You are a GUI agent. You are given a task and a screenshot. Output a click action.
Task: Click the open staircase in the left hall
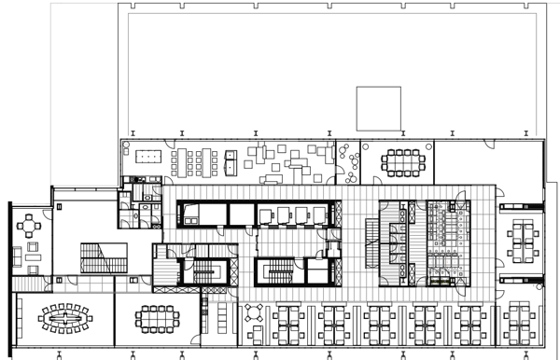tap(101, 256)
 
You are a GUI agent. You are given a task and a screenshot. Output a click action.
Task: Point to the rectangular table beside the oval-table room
tap(155, 318)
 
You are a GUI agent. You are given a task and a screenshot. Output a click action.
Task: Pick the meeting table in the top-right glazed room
tap(404, 162)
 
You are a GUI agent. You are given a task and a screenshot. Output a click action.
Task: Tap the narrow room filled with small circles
tap(347, 164)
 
